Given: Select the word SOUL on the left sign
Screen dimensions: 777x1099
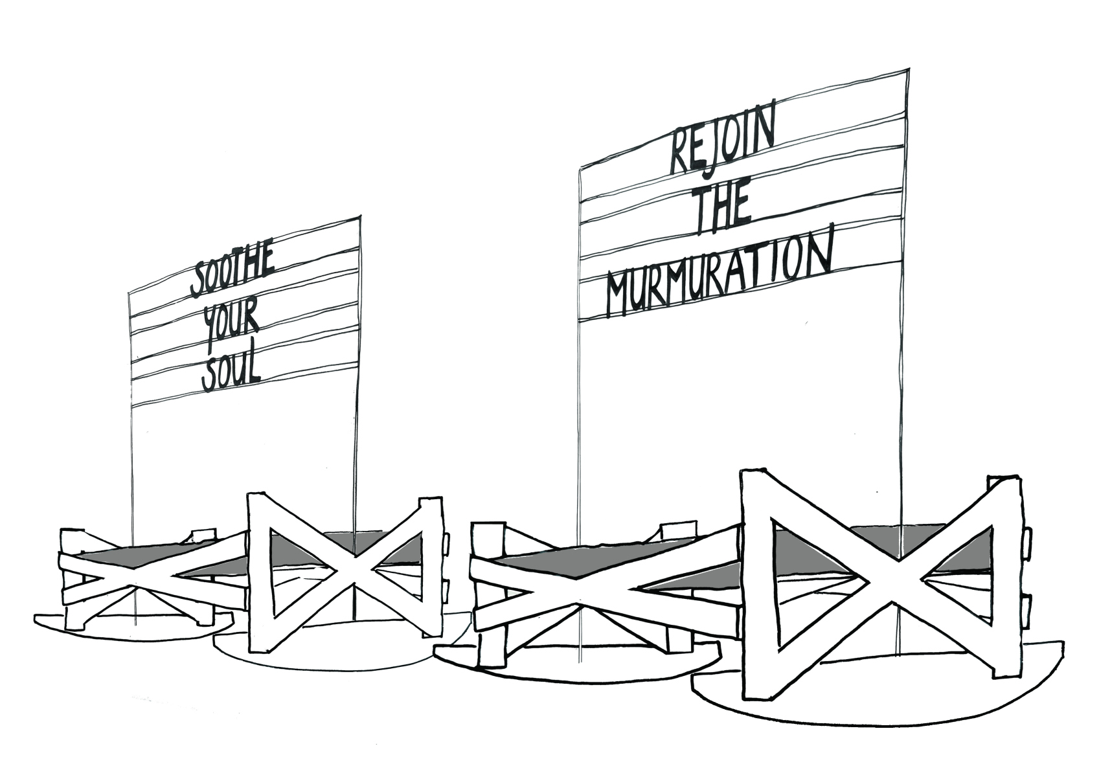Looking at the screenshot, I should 231,374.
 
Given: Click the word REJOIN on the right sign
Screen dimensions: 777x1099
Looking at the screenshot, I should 721,145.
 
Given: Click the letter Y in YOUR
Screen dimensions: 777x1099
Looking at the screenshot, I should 210,328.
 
